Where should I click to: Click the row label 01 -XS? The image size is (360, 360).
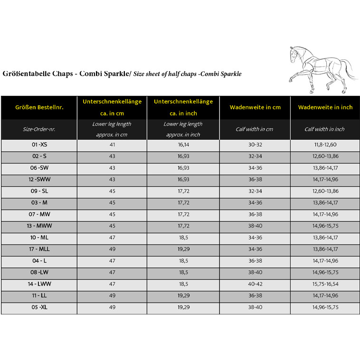point(39,144)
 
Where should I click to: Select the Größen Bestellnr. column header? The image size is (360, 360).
point(39,107)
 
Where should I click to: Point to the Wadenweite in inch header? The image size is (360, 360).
point(325,107)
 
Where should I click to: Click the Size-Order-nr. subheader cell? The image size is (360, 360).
point(39,129)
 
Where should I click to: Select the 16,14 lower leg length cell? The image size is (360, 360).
point(183,144)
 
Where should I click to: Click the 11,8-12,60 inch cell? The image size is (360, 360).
point(325,144)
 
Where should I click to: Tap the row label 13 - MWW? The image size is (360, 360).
point(39,226)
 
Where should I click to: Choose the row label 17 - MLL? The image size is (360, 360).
point(39,249)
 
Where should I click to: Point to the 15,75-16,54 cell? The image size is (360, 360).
point(325,284)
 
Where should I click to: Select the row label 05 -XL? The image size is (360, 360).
point(39,307)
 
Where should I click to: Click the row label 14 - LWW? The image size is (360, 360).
point(39,284)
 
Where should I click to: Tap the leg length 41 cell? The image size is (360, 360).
point(112,144)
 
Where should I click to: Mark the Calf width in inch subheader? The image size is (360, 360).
point(325,129)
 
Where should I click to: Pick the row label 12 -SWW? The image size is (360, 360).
point(39,179)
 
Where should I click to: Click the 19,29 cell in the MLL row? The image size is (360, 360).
point(183,249)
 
